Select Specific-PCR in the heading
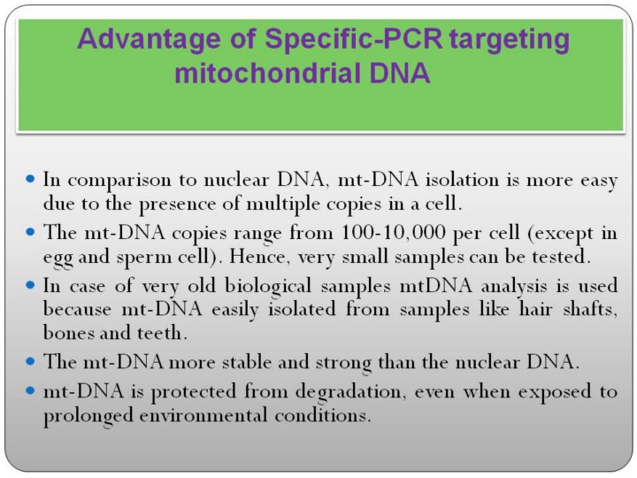pyautogui.click(x=353, y=40)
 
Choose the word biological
pyautogui.click(x=268, y=286)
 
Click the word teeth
pyautogui.click(x=162, y=333)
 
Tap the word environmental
pyautogui.click(x=203, y=415)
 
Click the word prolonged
pyautogui.click(x=88, y=416)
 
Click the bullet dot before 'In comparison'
pyautogui.click(x=30, y=179)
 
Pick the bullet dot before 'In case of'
pyautogui.click(x=30, y=285)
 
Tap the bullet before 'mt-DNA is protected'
pyautogui.click(x=30, y=390)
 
